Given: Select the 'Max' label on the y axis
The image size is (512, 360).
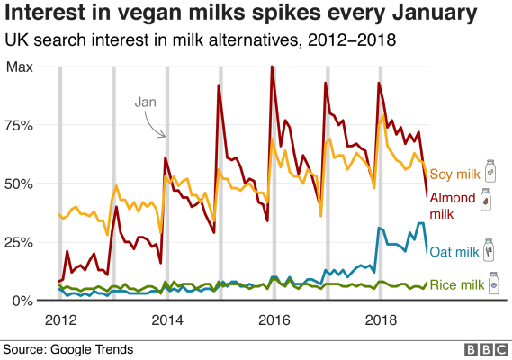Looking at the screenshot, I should [x=20, y=67].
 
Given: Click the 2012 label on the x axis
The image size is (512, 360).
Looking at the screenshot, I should [x=59, y=319].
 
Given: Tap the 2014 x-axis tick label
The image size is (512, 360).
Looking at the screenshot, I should [x=166, y=319].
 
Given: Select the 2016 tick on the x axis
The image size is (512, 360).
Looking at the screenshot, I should [x=271, y=319].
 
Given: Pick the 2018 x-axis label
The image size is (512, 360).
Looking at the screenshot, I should [x=377, y=319].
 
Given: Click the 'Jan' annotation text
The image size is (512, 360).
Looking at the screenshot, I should [x=147, y=103].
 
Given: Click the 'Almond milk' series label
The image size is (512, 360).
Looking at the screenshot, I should [x=454, y=206].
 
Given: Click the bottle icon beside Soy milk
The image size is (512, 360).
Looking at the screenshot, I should [x=490, y=170].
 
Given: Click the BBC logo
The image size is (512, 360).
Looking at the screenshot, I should [x=481, y=349].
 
